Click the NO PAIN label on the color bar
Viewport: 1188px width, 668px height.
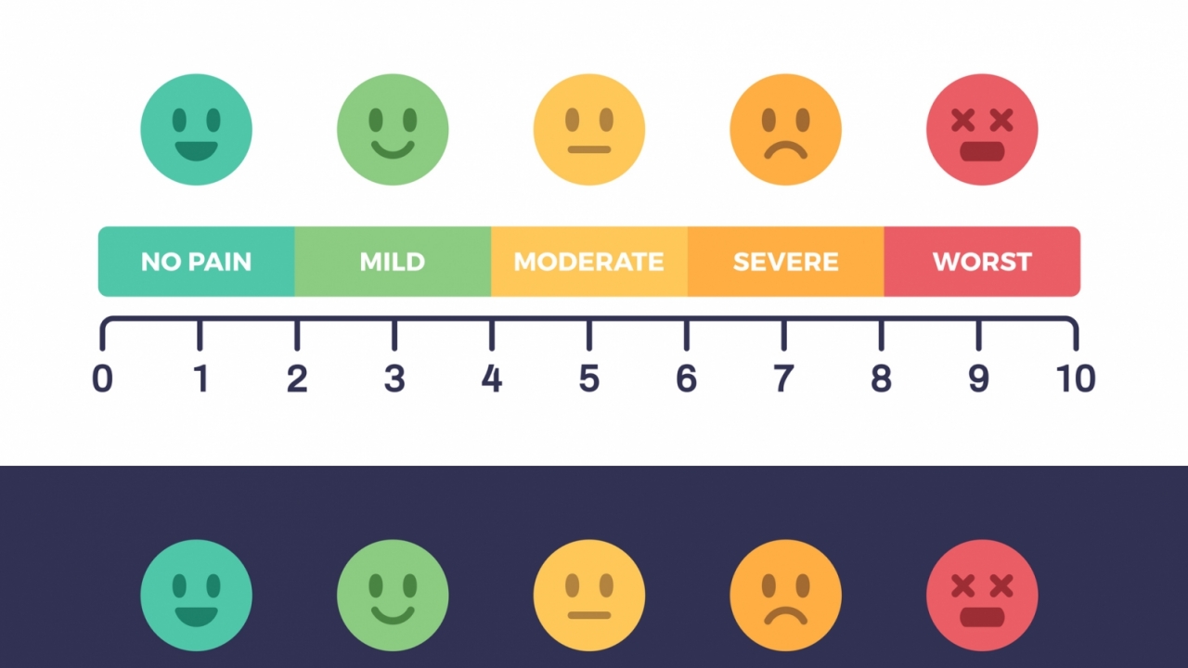click(196, 262)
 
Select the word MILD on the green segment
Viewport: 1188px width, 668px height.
click(393, 262)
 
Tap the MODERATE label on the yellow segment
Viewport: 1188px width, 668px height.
click(588, 262)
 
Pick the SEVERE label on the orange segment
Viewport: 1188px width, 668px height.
click(785, 262)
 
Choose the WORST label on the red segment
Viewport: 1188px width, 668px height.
click(982, 262)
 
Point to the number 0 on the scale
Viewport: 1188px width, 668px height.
click(102, 379)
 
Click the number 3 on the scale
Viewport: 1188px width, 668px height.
click(394, 379)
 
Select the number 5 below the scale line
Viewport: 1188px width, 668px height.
click(589, 379)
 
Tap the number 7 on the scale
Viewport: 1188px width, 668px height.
click(784, 379)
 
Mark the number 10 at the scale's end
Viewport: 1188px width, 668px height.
click(1076, 379)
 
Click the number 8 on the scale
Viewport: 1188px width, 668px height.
click(881, 379)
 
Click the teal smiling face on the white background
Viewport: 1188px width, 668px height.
click(196, 130)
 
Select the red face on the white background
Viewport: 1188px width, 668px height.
click(982, 130)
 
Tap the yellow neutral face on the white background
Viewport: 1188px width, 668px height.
click(588, 130)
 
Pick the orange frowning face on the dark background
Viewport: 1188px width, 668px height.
click(785, 596)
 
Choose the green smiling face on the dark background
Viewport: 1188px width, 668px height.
click(393, 596)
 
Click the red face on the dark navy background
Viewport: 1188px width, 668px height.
click(982, 596)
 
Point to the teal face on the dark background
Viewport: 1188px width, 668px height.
click(196, 596)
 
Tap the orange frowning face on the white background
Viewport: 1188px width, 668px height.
click(785, 130)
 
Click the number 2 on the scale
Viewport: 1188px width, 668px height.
click(297, 379)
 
